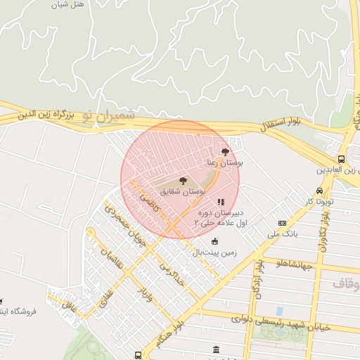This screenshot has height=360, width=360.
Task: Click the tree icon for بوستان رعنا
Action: [225, 151]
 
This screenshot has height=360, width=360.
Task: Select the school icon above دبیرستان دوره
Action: [221, 202]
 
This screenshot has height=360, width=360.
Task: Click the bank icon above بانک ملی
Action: [283, 223]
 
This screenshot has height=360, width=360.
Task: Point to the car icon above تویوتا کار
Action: [320, 191]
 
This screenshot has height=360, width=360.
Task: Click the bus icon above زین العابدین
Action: [341, 160]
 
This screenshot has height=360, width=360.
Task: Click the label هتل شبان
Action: [68, 4]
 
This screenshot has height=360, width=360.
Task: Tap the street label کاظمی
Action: [154, 205]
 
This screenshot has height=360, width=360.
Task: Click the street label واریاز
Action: [146, 289]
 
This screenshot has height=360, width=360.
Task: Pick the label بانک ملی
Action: [285, 233]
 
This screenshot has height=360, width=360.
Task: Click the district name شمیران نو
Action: [106, 113]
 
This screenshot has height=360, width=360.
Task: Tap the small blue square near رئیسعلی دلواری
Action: [280, 310]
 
